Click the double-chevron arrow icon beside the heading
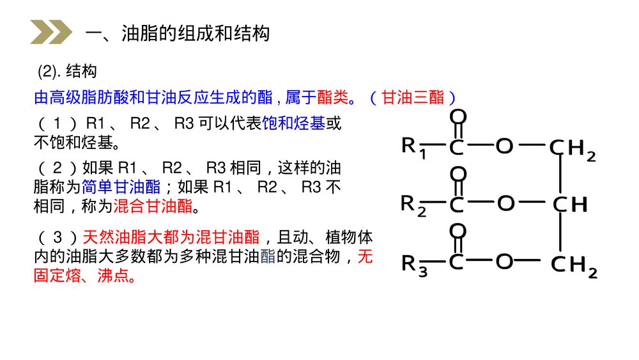[x=50, y=33]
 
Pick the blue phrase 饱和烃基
[x=294, y=123]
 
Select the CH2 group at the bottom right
[x=574, y=263]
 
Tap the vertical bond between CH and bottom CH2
[x=561, y=233]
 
